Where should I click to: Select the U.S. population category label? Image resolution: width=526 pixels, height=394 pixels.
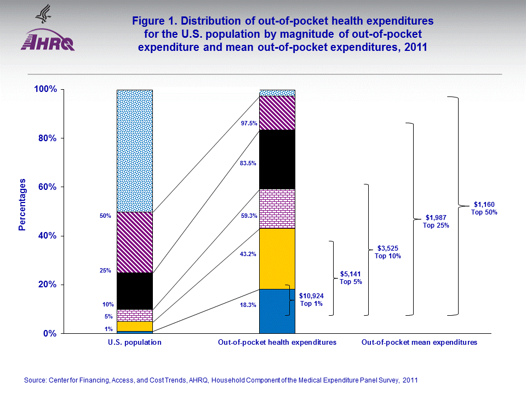click(x=134, y=343)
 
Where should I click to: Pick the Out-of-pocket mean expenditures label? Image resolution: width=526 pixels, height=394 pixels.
click(x=419, y=343)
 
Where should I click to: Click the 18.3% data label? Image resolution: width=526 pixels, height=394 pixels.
click(x=249, y=305)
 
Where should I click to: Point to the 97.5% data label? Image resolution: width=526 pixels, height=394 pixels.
click(x=249, y=124)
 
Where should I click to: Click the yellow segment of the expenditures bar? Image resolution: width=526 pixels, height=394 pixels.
click(x=277, y=258)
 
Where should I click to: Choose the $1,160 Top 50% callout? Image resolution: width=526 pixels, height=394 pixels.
click(x=484, y=208)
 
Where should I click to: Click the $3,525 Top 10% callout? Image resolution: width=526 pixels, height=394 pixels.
click(x=387, y=252)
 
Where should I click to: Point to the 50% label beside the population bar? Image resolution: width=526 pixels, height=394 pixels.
click(x=105, y=216)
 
